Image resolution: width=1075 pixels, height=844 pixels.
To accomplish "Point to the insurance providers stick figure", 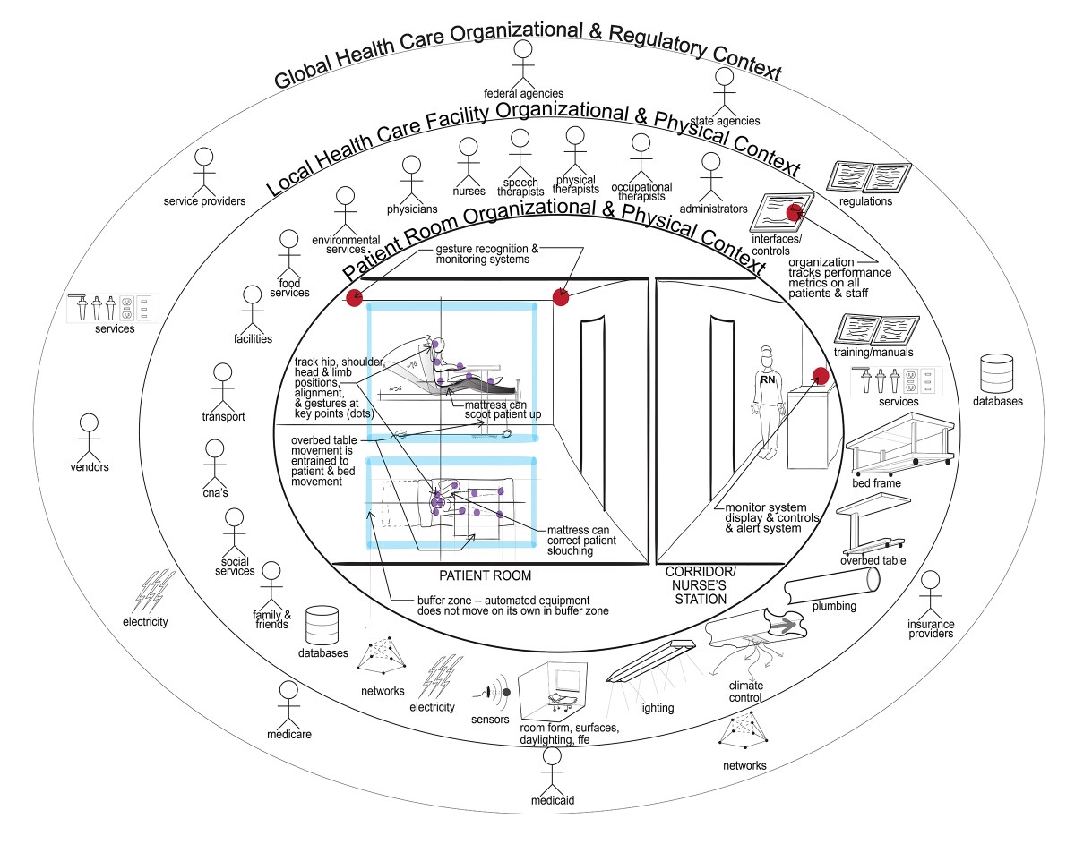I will [x=930, y=593].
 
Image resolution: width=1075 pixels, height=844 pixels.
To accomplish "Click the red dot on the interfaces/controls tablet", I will [x=793, y=212].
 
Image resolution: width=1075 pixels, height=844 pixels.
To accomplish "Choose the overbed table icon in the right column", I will [x=869, y=528].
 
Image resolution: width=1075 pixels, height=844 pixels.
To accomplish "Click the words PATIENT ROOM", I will [x=486, y=575].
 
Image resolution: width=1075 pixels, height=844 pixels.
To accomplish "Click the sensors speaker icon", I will [x=494, y=693].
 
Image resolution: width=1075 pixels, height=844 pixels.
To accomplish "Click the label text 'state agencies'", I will [x=730, y=121].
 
